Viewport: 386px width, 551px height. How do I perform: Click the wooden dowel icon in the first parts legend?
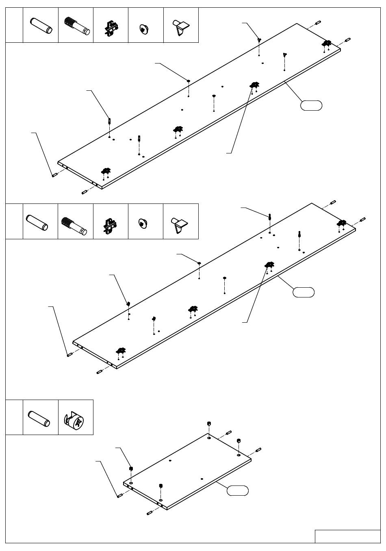coord(40,25)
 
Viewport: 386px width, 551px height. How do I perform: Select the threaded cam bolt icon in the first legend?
coord(76,25)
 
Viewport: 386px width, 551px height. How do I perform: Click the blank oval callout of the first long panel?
coord(311,105)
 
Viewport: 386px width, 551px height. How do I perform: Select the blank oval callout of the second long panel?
coord(304,292)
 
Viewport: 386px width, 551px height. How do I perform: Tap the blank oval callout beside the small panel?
coord(237,490)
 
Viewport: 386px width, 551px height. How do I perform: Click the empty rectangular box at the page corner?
coord(347,536)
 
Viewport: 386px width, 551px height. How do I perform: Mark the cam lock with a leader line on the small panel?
coord(131,468)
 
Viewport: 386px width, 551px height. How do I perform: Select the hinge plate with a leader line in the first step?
coord(255,85)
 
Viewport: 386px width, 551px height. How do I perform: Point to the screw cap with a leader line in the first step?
coord(189,81)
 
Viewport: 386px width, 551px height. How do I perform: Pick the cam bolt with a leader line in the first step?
coord(110,120)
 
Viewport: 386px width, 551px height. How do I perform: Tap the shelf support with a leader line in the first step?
coord(259,39)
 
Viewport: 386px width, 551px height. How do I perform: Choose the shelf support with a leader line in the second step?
coord(128,303)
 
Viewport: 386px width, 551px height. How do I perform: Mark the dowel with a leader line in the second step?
coord(69,355)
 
